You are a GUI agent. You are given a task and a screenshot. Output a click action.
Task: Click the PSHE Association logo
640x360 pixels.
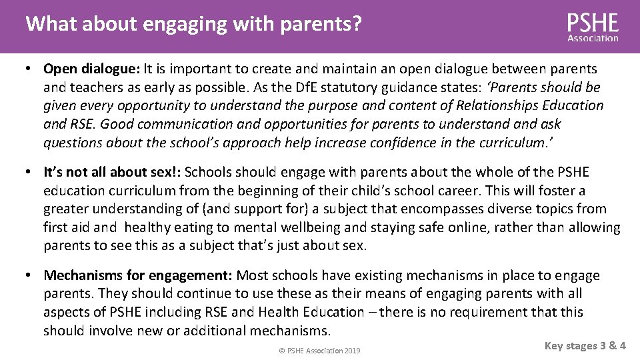pos(593,27)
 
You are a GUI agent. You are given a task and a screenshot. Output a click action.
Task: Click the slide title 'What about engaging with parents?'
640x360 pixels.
pos(193,25)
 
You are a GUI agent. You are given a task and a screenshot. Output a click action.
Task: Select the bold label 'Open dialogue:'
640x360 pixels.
pos(87,69)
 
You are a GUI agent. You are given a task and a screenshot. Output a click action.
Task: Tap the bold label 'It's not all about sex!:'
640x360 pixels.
pos(112,173)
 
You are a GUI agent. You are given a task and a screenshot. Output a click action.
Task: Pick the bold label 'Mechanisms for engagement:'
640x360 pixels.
pos(138,276)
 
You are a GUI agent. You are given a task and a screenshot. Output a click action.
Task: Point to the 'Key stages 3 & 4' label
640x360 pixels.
pos(585,345)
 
